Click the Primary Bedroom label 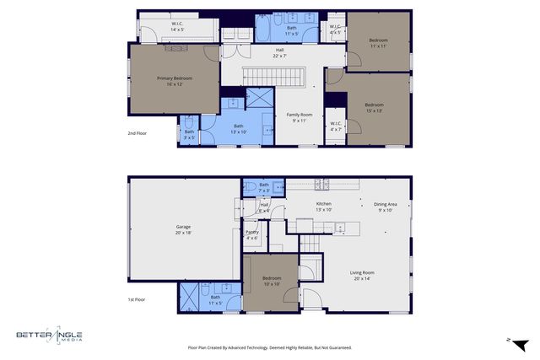(x=174, y=82)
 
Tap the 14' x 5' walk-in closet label (x=179, y=27)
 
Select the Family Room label (x=300, y=117)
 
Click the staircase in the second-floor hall (x=274, y=78)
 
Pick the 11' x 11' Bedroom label (x=378, y=43)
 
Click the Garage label (x=183, y=230)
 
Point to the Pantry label (x=251, y=235)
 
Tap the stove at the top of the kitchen (x=321, y=184)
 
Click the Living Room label (x=363, y=275)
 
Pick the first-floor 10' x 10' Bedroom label (x=271, y=280)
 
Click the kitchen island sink (x=337, y=227)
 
